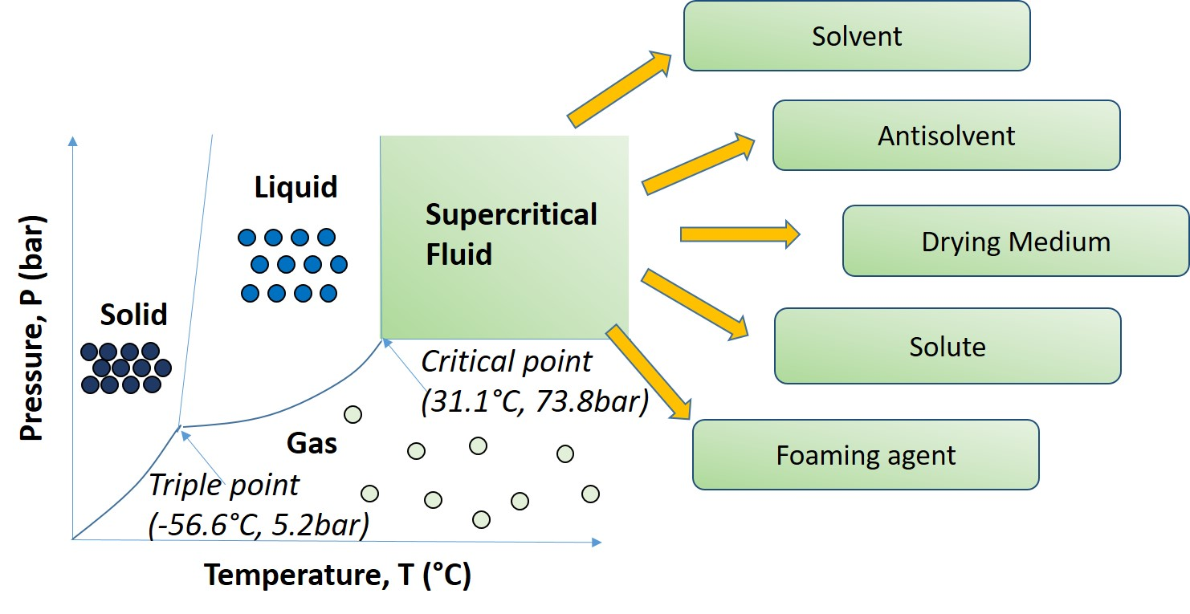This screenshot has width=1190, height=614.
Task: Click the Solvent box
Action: [x=856, y=36]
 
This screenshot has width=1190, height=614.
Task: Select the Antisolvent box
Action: [x=946, y=136]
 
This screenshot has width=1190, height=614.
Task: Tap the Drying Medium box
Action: [x=1015, y=241]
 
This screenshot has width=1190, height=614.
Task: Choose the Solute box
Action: [x=947, y=346]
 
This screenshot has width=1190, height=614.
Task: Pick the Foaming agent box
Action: [x=865, y=455]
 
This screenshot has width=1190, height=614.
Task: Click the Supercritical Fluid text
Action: [x=511, y=234]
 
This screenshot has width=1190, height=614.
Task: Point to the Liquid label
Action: [x=296, y=188]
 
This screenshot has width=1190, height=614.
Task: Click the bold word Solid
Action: [x=133, y=315]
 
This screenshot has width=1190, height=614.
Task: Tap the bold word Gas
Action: [x=312, y=442]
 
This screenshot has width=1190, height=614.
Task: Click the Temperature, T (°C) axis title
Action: [x=336, y=575]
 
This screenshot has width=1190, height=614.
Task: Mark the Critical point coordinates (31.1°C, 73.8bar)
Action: [x=534, y=402]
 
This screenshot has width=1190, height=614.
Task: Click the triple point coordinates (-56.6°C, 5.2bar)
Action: [x=259, y=526]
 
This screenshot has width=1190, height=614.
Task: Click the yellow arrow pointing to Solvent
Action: [x=619, y=89]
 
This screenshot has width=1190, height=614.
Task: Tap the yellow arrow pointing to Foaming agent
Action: [x=650, y=372]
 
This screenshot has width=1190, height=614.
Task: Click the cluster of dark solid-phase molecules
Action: [x=126, y=368]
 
